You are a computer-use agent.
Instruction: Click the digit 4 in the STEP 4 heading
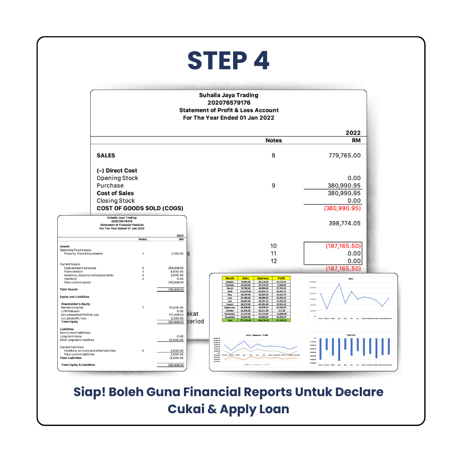tap(258, 60)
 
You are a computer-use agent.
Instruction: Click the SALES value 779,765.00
tap(344, 155)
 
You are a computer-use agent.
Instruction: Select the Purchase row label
tap(110, 186)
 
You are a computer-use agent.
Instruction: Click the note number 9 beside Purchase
tap(273, 186)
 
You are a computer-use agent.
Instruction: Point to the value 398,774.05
tap(344, 223)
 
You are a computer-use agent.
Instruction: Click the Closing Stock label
tap(115, 201)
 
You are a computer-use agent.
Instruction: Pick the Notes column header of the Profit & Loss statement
tap(273, 140)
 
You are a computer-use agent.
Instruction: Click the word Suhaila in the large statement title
tap(211, 95)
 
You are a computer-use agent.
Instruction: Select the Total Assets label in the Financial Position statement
tap(69, 289)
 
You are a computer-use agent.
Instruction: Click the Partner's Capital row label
tap(73, 307)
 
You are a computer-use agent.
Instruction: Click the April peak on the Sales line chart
tap(340, 284)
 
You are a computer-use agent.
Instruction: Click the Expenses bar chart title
tap(351, 335)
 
